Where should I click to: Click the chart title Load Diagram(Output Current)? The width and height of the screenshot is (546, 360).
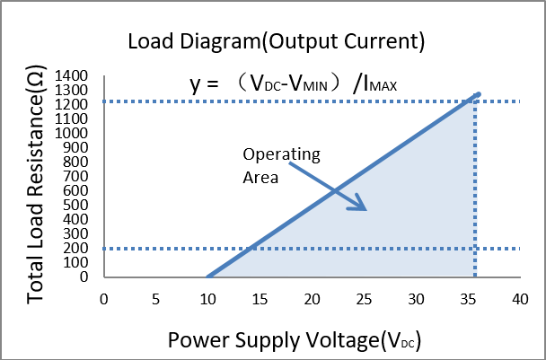click(275, 41)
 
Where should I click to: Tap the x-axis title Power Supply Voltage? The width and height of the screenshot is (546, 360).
click(295, 340)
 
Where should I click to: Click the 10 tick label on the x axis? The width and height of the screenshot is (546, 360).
click(207, 298)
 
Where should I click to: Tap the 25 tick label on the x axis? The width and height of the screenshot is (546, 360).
click(364, 298)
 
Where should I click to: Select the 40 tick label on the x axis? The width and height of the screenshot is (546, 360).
click(519, 298)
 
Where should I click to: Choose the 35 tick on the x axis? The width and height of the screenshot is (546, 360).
click(467, 298)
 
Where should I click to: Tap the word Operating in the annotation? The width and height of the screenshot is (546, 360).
click(281, 155)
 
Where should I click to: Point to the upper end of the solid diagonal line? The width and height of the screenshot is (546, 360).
click(479, 93)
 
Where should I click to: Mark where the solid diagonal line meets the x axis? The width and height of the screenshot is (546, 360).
click(207, 277)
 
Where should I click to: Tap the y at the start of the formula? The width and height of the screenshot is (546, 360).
click(195, 85)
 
